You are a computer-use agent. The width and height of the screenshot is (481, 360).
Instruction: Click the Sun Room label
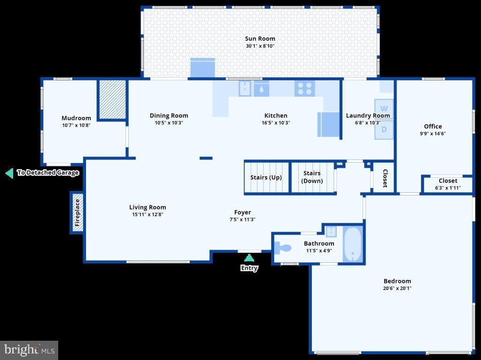260,39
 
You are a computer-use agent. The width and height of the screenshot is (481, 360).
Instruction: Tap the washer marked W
384,109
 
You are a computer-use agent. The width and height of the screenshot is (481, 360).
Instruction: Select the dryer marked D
384,130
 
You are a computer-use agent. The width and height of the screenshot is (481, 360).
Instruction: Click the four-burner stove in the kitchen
304,88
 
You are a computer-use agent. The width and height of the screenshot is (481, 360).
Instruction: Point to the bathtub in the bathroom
352,244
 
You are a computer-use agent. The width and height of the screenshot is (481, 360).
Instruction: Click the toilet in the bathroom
282,248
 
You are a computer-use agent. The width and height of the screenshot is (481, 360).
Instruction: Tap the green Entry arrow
249,258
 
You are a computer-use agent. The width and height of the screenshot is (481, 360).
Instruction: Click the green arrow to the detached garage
9,173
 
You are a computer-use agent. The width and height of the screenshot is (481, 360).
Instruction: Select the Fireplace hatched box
77,212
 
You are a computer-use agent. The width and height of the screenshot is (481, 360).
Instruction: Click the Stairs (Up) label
266,177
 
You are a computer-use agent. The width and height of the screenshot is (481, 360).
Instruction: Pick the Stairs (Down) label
312,177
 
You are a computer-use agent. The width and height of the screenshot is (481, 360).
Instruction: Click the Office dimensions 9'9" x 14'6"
433,133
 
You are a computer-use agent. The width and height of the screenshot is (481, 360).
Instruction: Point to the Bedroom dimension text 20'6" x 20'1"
397,288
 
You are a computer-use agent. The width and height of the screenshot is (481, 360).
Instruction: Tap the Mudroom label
77,118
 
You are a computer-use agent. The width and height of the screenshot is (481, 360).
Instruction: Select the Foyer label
243,212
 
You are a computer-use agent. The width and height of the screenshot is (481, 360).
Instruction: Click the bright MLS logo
29,350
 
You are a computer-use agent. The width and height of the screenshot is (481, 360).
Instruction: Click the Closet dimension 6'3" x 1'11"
448,188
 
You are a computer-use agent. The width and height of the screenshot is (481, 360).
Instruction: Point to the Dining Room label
169,116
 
